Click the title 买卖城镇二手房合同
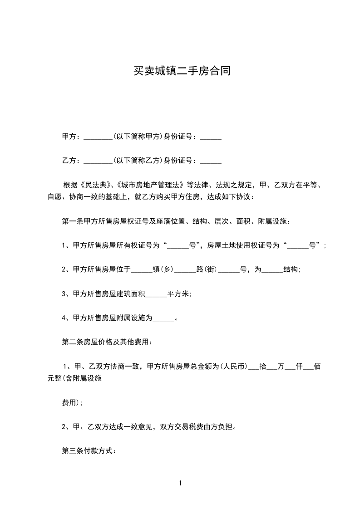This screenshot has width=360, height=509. point(180,71)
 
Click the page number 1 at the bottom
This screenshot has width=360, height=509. point(180,483)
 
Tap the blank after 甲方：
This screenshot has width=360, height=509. point(98,137)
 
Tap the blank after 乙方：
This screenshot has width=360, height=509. point(98,160)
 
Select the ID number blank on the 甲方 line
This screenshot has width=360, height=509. point(210,137)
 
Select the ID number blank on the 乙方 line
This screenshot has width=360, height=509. point(210,160)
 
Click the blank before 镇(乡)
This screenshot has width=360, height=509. point(141,269)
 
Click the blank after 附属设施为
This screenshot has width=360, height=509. point(163,318)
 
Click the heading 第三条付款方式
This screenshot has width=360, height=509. point(89,451)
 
